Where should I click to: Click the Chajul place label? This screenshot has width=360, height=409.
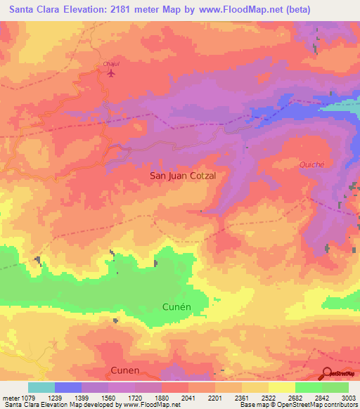[x=110, y=64]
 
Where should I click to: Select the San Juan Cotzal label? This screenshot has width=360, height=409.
[x=188, y=176]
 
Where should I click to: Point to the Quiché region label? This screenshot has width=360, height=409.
[x=311, y=164]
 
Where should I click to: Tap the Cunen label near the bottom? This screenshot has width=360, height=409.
[x=125, y=370]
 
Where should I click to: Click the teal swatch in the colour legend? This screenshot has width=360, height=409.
[x=41, y=387]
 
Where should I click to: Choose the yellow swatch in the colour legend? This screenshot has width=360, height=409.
[x=282, y=387]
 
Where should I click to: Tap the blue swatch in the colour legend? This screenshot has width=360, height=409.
[x=68, y=387]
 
